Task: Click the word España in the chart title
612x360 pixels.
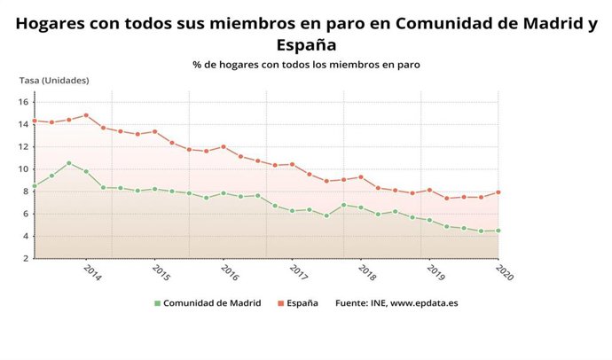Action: (x=306, y=44)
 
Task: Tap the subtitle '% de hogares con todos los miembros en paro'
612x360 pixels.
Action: (x=306, y=65)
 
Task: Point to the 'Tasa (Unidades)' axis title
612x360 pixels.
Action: (x=54, y=81)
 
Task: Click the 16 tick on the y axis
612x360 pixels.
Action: (x=25, y=102)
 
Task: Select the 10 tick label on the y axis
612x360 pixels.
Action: (x=25, y=169)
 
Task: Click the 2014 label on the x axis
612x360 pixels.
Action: (x=91, y=271)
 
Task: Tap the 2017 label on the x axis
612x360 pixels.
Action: (x=298, y=271)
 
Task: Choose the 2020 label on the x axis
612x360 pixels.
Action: (x=504, y=271)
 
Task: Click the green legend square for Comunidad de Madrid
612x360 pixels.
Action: (x=157, y=303)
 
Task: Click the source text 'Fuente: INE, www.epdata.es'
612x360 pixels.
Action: (x=396, y=303)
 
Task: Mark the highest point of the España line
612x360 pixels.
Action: (x=86, y=115)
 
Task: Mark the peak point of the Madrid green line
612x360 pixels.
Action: (x=69, y=163)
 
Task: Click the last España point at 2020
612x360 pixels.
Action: (x=498, y=192)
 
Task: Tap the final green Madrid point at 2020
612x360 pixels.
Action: (x=498, y=231)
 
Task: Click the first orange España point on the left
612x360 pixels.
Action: (x=35, y=121)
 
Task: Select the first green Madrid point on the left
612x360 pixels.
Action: (x=35, y=186)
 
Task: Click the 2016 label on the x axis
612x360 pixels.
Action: (x=229, y=271)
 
